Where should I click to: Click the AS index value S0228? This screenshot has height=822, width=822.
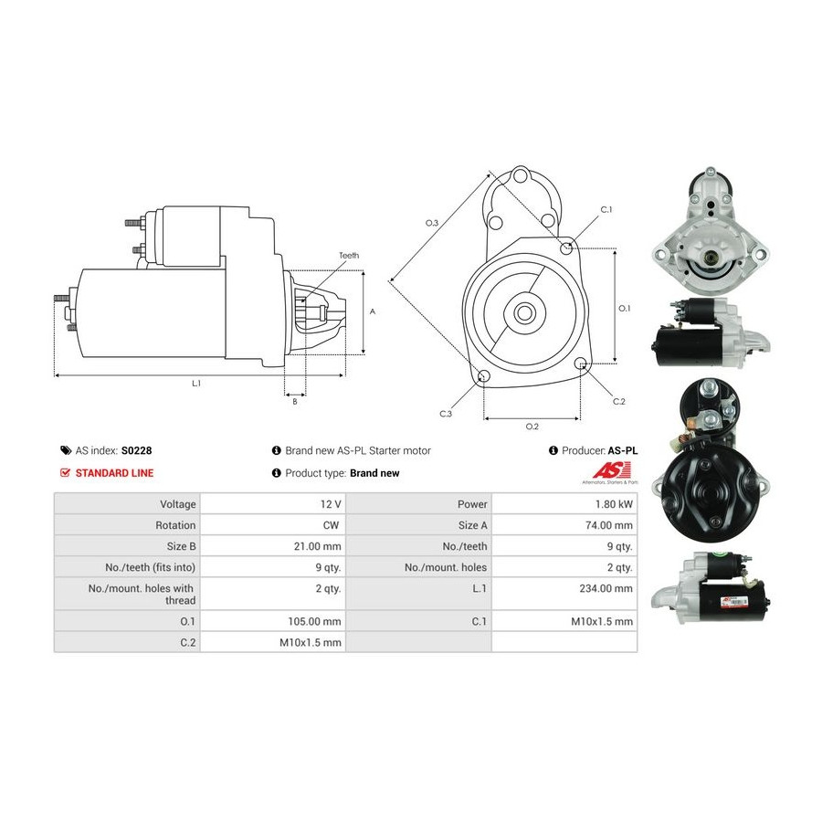(x=136, y=450)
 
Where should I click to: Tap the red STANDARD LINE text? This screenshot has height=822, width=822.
(x=114, y=473)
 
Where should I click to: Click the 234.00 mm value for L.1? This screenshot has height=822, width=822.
(x=606, y=589)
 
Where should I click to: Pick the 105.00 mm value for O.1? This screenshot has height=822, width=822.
(x=314, y=622)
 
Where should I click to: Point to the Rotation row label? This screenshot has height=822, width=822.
(x=175, y=525)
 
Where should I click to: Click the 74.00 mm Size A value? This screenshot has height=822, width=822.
(x=609, y=525)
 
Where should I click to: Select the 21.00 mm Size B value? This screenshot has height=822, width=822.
(x=317, y=546)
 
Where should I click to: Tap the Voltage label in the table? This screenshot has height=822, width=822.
(x=178, y=504)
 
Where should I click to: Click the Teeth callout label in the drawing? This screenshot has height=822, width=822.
(x=349, y=256)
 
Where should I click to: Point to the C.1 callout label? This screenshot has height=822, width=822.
(x=606, y=210)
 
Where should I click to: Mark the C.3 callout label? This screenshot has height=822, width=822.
(x=446, y=414)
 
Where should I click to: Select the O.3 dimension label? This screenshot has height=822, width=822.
(x=431, y=223)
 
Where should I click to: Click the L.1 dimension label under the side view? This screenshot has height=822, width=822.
(x=196, y=384)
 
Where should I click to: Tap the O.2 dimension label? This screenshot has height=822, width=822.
(x=532, y=427)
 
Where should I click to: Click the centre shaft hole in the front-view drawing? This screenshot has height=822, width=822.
(x=522, y=313)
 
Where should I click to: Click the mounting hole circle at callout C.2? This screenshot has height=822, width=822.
(x=580, y=364)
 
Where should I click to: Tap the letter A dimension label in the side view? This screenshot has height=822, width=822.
(x=373, y=312)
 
